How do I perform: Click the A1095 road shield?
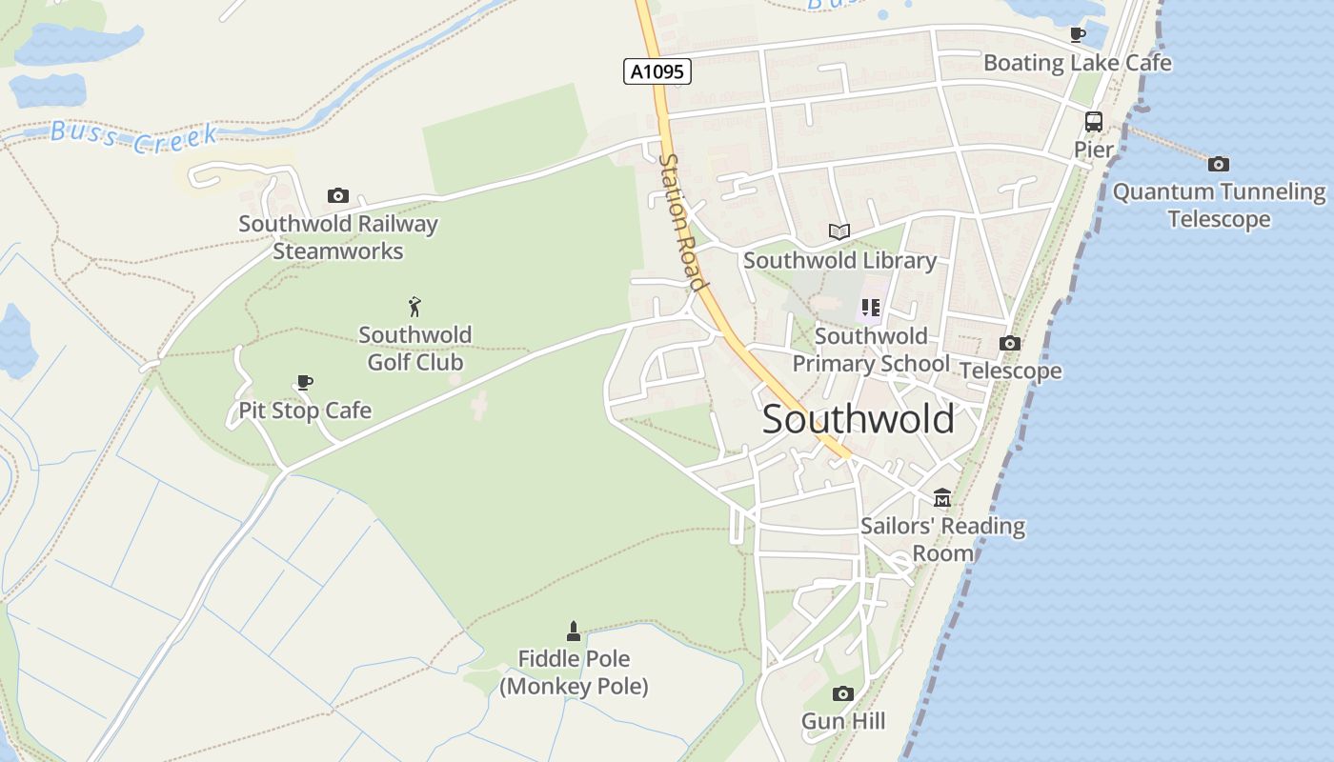click(x=657, y=71)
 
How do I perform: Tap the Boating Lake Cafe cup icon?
click(x=1078, y=34)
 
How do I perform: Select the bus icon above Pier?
click(x=1093, y=122)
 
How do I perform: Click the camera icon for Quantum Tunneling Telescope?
click(x=1218, y=164)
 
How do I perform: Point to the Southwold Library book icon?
click(x=839, y=231)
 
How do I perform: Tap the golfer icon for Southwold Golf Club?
click(x=414, y=307)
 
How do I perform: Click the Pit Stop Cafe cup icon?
click(x=304, y=383)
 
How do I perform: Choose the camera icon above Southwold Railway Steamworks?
click(x=337, y=196)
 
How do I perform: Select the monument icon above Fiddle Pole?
click(x=573, y=631)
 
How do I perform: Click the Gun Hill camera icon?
click(x=842, y=693)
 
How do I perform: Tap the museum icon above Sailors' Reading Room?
click(x=942, y=497)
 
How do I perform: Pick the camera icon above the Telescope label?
click(x=1010, y=343)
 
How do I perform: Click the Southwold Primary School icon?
click(x=870, y=308)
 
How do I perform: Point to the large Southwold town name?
click(x=858, y=419)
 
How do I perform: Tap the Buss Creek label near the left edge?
click(x=133, y=137)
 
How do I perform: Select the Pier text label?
click(x=1093, y=150)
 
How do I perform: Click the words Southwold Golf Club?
click(x=415, y=349)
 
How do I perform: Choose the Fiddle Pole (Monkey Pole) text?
click(x=574, y=672)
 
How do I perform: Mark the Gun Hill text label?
click(x=843, y=721)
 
